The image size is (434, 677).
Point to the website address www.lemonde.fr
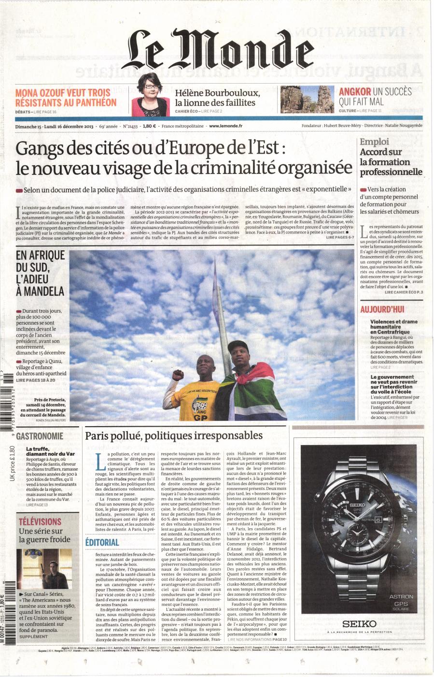225,126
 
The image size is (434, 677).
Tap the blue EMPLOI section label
374,142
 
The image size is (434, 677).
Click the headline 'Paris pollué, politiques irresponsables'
174,435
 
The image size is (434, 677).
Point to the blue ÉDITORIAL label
102,542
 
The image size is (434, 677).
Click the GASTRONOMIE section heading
40,435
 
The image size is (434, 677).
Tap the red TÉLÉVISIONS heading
40,521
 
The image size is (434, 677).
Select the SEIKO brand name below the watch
356,624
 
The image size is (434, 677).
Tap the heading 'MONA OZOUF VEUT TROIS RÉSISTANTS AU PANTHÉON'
66,97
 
